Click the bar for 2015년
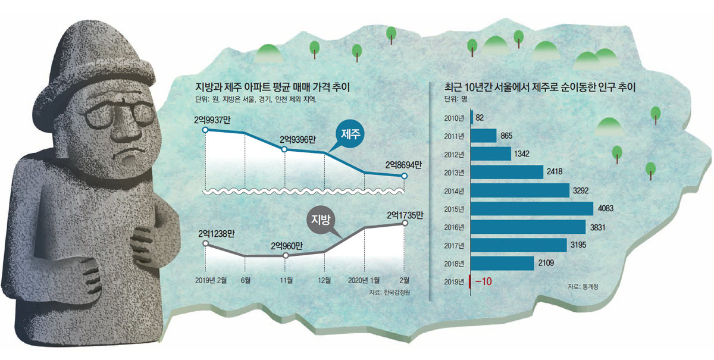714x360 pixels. [x=532, y=208]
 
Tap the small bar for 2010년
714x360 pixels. [x=472, y=117]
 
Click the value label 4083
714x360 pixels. [x=607, y=208]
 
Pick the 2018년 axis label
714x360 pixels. [x=454, y=262]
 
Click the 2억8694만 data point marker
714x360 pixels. [x=405, y=176]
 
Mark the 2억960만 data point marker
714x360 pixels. [x=285, y=255]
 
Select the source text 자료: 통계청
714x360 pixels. [x=581, y=287]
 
